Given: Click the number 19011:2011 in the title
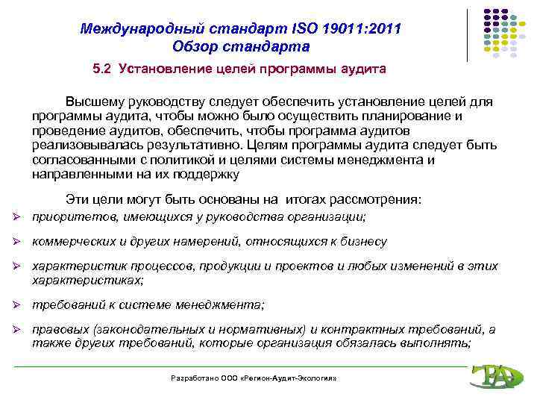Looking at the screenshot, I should [x=361, y=29].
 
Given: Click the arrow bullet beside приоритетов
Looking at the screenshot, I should [x=21, y=217].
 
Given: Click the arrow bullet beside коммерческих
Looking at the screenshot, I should [x=21, y=242].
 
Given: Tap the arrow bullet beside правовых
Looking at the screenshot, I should [x=21, y=330].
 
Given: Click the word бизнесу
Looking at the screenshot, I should [x=362, y=242].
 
